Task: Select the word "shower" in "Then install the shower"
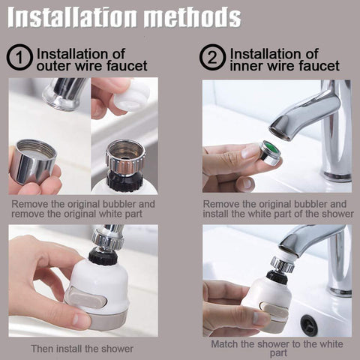pos(117,349)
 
